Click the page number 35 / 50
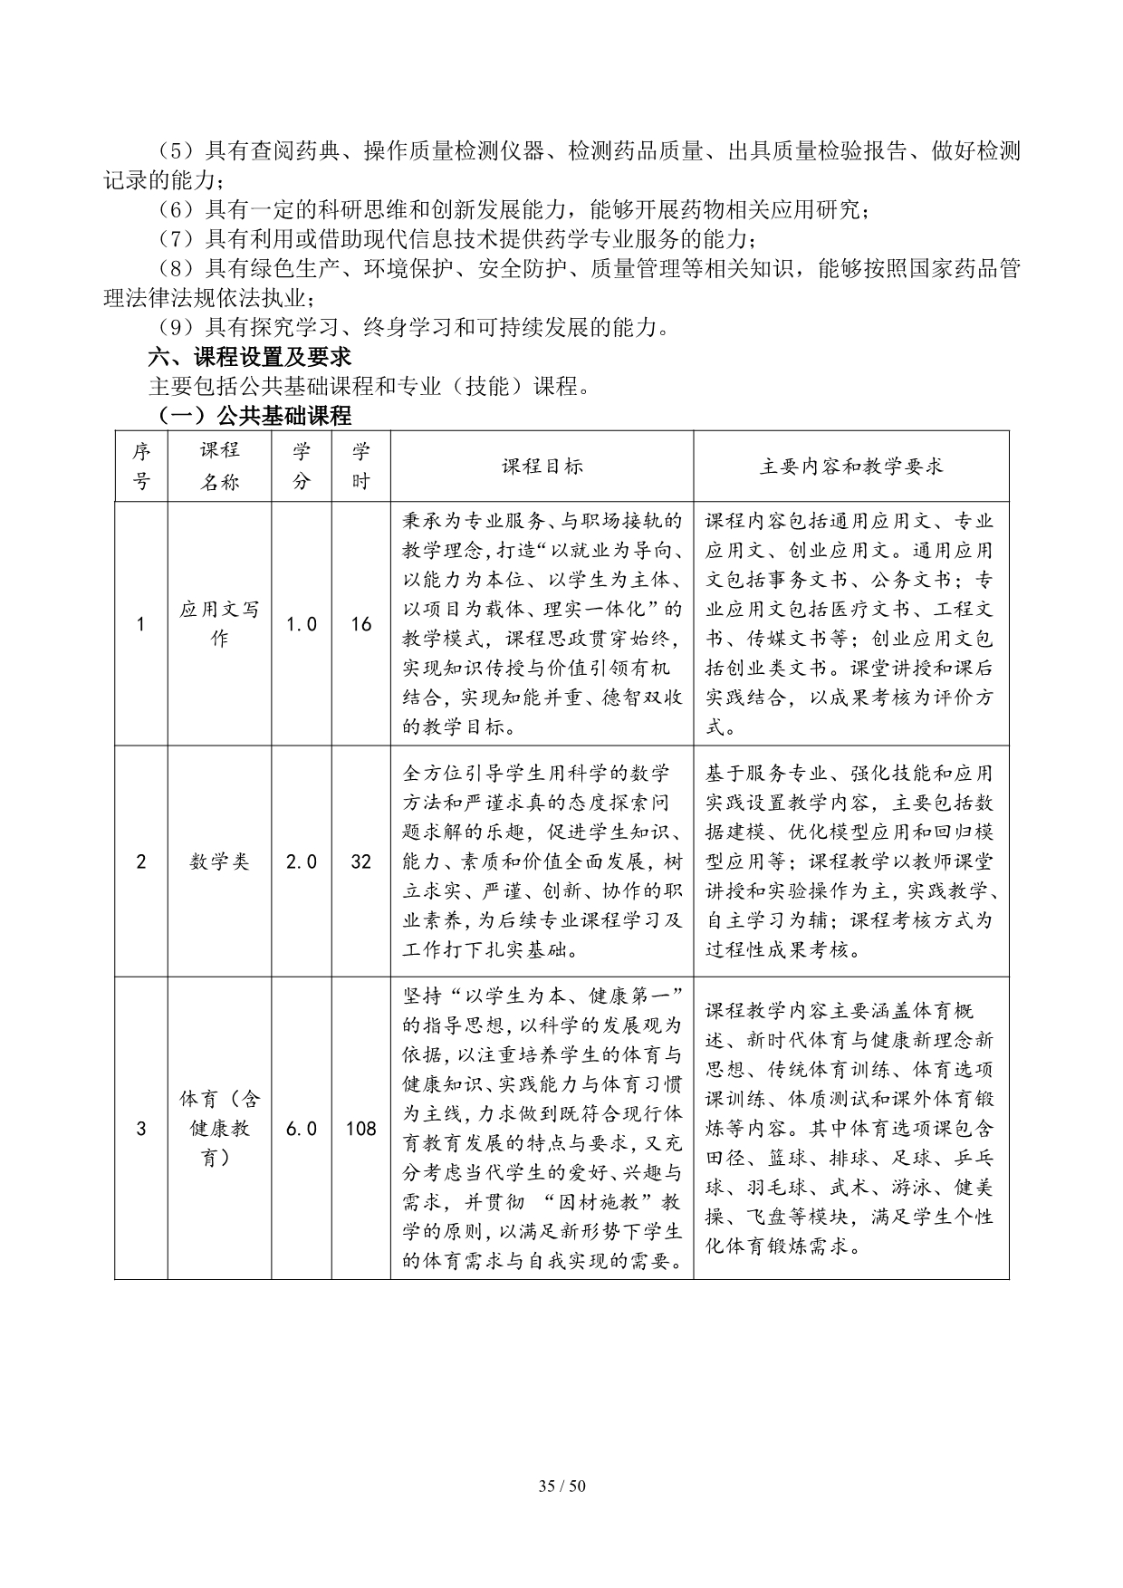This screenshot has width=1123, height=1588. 561,1486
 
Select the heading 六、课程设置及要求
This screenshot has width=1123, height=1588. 250,357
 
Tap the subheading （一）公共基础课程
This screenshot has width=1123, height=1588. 250,416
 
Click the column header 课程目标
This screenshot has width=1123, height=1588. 542,467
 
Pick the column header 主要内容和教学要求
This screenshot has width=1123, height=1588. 850,467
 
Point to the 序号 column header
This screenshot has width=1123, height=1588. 141,467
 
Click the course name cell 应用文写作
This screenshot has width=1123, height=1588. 219,624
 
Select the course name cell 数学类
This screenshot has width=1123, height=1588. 219,861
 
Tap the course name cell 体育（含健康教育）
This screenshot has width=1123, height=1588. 219,1129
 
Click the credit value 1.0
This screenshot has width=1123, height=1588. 302,624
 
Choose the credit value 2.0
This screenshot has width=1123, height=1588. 302,861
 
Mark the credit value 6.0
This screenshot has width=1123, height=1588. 302,1129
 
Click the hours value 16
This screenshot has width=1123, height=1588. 360,624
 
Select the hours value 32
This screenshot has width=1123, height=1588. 360,861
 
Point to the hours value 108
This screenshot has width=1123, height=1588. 360,1129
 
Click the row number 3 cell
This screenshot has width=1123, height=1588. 140,1129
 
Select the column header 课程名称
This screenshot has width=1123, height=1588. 219,467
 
